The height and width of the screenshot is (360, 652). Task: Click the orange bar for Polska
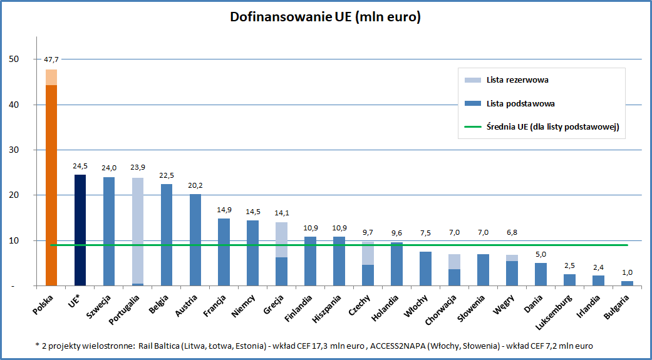(x=51, y=178)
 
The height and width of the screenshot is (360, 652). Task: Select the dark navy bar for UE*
(x=80, y=230)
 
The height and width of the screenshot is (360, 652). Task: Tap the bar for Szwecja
(x=109, y=232)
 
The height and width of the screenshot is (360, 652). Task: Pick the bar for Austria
(x=195, y=240)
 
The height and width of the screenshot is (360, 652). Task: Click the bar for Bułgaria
(x=627, y=284)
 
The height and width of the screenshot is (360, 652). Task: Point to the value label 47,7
(x=51, y=59)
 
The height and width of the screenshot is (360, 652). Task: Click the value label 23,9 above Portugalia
(x=138, y=168)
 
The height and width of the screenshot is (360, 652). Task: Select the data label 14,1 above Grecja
(x=281, y=213)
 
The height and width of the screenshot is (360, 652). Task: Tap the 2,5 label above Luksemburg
(x=570, y=265)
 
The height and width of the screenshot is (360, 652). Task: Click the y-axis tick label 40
(x=14, y=105)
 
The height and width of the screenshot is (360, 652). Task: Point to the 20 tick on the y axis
(x=14, y=195)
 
